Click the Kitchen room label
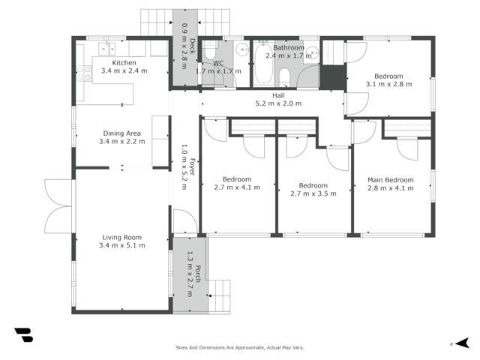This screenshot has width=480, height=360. pyautogui.click(x=123, y=62)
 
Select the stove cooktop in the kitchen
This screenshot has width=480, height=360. pyautogui.click(x=85, y=73)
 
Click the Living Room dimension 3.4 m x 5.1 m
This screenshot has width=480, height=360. pyautogui.click(x=124, y=245)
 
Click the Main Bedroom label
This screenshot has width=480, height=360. pyautogui.click(x=390, y=180)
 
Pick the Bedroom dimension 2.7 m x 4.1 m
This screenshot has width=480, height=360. pyautogui.click(x=237, y=187)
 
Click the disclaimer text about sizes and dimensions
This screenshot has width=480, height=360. pyautogui.click(x=239, y=347)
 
